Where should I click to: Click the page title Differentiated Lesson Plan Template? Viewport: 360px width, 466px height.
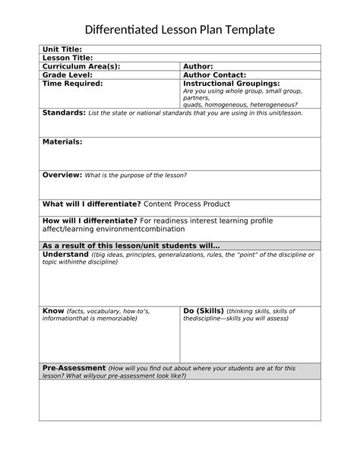tap(179, 30)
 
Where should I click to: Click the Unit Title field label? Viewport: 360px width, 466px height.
tap(62, 49)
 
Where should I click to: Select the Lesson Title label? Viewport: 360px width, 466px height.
tap(68, 58)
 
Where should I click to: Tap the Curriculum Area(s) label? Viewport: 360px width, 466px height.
tap(81, 66)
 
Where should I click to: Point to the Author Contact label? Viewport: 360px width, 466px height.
tap(215, 75)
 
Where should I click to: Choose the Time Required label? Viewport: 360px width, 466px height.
tap(72, 84)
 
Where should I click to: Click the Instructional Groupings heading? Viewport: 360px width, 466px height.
tap(232, 84)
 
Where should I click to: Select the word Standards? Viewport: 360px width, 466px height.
tap(64, 113)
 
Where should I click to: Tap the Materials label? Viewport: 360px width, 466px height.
tap(62, 141)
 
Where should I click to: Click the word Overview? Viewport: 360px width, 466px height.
tap(62, 175)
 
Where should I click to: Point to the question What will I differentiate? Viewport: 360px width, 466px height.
tap(91, 204)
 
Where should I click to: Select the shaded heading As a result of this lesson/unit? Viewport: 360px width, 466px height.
tap(131, 246)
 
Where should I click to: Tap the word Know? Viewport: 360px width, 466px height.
tap(53, 311)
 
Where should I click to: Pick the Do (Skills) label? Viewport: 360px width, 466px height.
tap(204, 311)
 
